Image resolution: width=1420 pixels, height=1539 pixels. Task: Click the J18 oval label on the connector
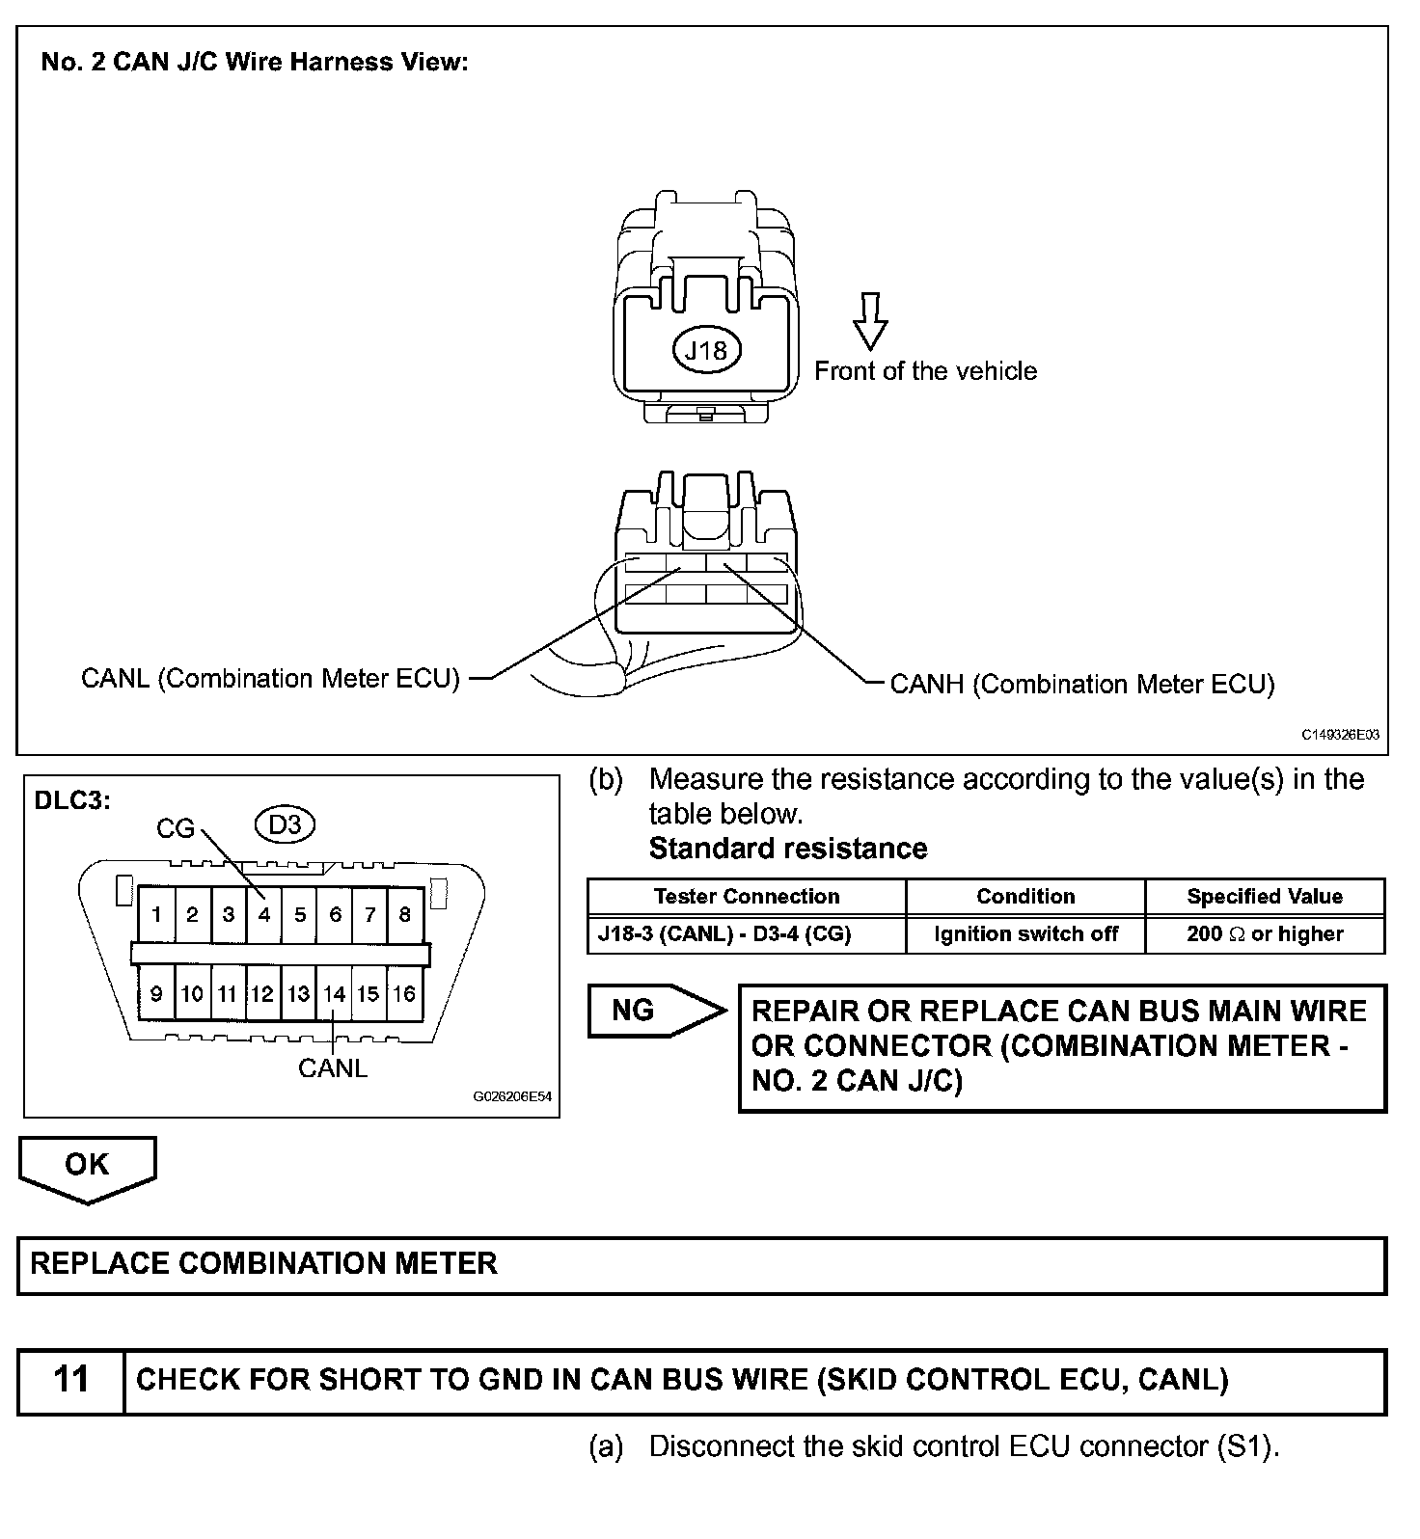pyautogui.click(x=705, y=351)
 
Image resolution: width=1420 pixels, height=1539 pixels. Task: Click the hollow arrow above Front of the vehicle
pyautogui.click(x=870, y=321)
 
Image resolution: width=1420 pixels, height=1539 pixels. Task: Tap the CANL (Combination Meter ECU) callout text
pyautogui.click(x=270, y=679)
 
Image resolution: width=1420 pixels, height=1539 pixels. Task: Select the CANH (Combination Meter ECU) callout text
pyautogui.click(x=1081, y=685)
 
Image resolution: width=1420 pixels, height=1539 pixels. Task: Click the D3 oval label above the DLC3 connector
pyautogui.click(x=285, y=825)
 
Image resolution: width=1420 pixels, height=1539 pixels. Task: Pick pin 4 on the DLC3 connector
pyautogui.click(x=263, y=914)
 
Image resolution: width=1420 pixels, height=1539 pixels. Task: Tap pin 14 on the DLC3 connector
pyautogui.click(x=334, y=994)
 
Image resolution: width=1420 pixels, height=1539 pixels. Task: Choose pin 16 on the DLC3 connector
pyautogui.click(x=404, y=994)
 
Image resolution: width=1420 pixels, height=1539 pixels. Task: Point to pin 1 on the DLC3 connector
pyautogui.click(x=156, y=914)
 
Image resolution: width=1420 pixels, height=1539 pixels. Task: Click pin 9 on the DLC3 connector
pyautogui.click(x=156, y=994)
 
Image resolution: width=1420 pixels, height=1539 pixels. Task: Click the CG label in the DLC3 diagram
pyautogui.click(x=176, y=829)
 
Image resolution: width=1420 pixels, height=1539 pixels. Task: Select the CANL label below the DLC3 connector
pyautogui.click(x=333, y=1068)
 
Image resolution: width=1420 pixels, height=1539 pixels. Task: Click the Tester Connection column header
pyautogui.click(x=747, y=897)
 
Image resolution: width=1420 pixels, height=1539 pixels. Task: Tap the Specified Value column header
pyautogui.click(x=1265, y=897)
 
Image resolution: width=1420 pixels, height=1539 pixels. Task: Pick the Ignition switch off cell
pyautogui.click(x=1025, y=934)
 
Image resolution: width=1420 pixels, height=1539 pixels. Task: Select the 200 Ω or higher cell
pyautogui.click(x=1265, y=934)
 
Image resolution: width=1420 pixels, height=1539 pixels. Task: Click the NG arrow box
pyautogui.click(x=646, y=1011)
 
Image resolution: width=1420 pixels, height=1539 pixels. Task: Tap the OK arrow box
pyautogui.click(x=87, y=1166)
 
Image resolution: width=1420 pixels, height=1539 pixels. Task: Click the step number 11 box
pyautogui.click(x=71, y=1381)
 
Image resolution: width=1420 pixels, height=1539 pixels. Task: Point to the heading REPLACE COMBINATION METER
pyautogui.click(x=264, y=1264)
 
